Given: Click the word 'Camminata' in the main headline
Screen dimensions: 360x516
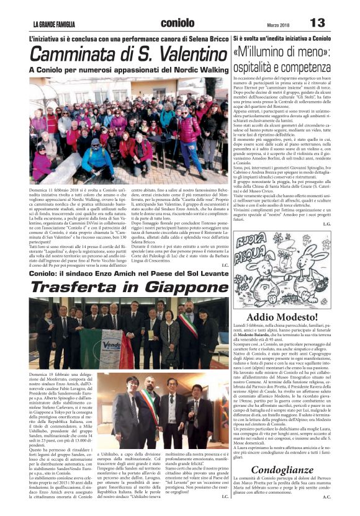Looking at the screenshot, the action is [x=71, y=55].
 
